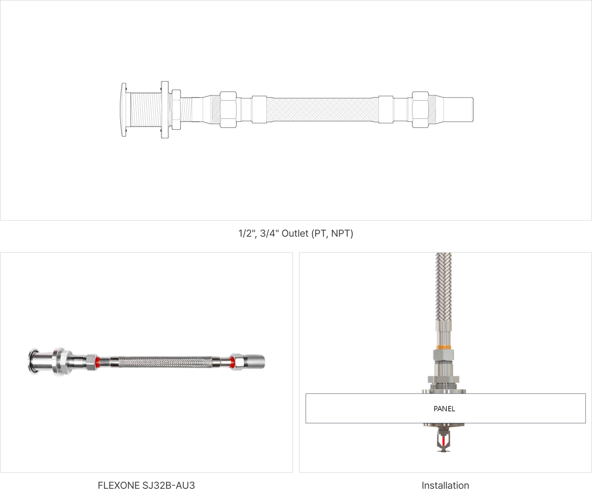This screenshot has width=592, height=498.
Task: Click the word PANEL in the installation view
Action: point(444,409)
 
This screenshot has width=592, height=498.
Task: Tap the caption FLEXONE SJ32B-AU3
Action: point(146,485)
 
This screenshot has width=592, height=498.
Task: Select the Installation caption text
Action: point(445,485)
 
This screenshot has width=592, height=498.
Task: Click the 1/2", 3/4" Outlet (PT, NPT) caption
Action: point(296,233)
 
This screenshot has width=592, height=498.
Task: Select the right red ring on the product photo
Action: point(233,362)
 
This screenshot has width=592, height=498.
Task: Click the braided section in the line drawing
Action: point(323,110)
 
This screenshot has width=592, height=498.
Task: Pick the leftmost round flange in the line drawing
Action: point(124,110)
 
